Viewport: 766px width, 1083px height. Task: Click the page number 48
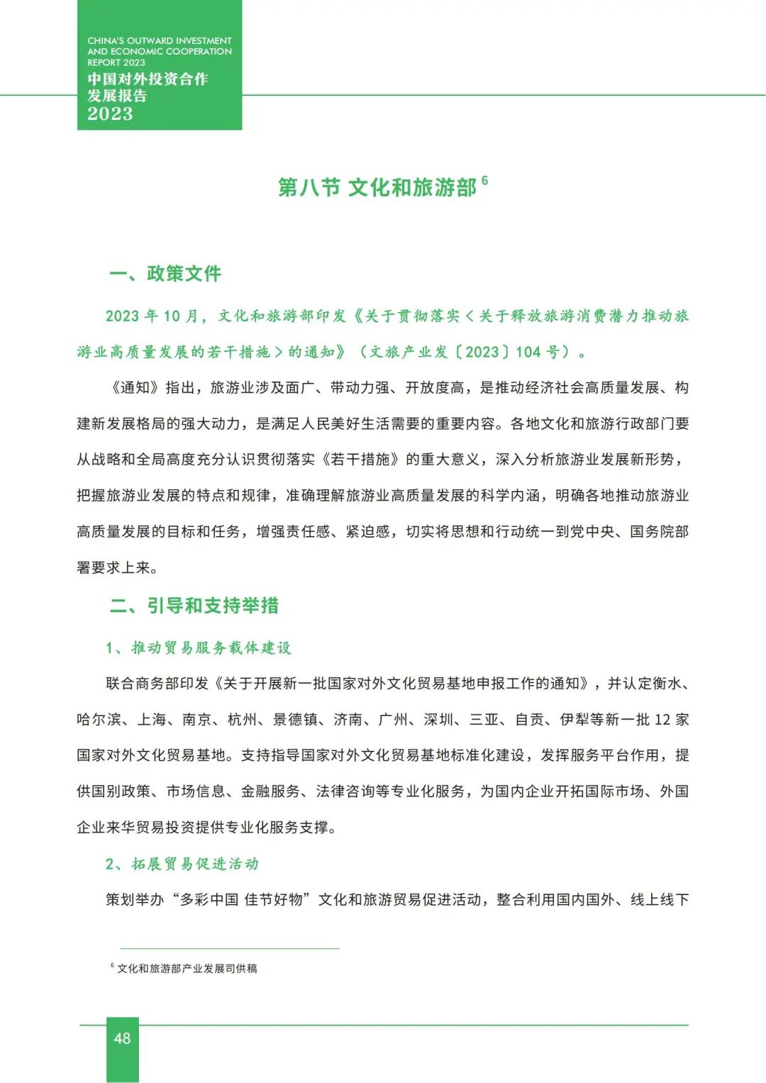pos(122,1038)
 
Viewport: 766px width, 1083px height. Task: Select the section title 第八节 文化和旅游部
pos(377,187)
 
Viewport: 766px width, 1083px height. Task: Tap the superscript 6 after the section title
pos(484,180)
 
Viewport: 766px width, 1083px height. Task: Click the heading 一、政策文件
pos(165,274)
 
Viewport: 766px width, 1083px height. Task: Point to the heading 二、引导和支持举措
pos(194,606)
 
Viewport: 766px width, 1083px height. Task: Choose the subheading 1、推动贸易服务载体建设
pos(198,648)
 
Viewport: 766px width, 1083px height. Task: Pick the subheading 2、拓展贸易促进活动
pos(182,864)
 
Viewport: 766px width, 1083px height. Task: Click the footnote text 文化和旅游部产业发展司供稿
pos(187,969)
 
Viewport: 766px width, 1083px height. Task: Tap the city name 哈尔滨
pos(99,720)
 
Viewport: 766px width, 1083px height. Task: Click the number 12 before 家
pos(662,720)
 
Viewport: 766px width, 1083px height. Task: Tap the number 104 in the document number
pos(528,352)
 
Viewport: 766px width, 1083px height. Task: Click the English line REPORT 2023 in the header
pos(116,62)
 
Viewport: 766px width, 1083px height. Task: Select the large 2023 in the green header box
pos(110,113)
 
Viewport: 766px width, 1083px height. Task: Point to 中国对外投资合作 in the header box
pos(148,79)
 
